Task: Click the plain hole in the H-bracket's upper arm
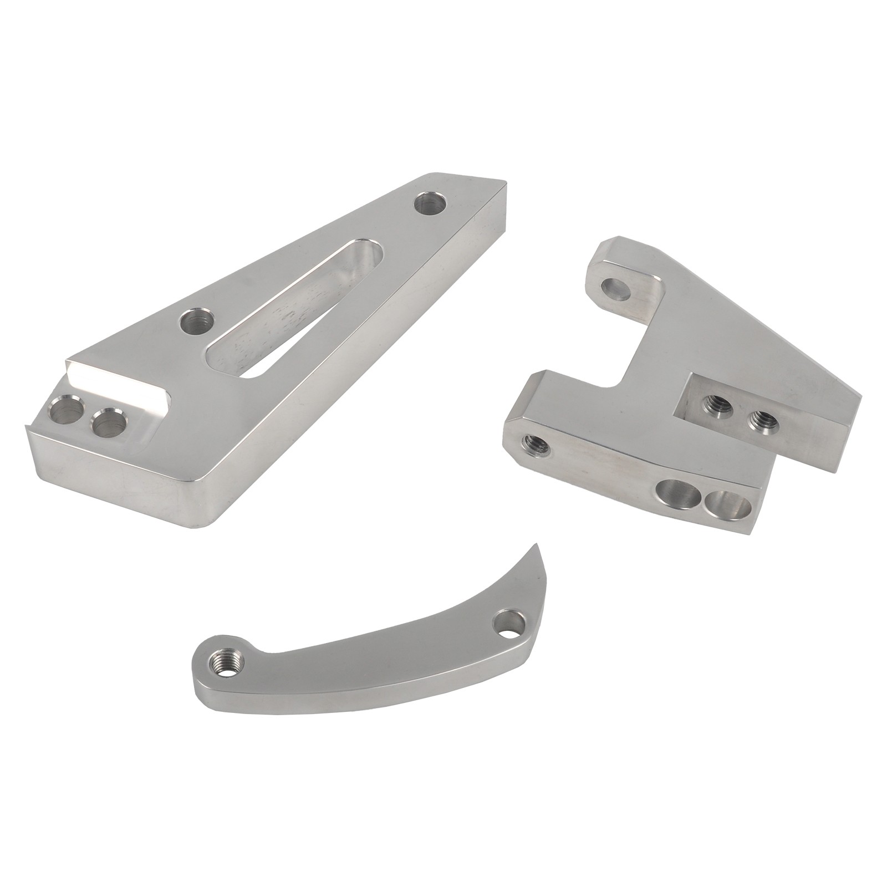616,288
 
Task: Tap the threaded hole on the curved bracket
223,661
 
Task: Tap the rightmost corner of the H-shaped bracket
861,396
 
